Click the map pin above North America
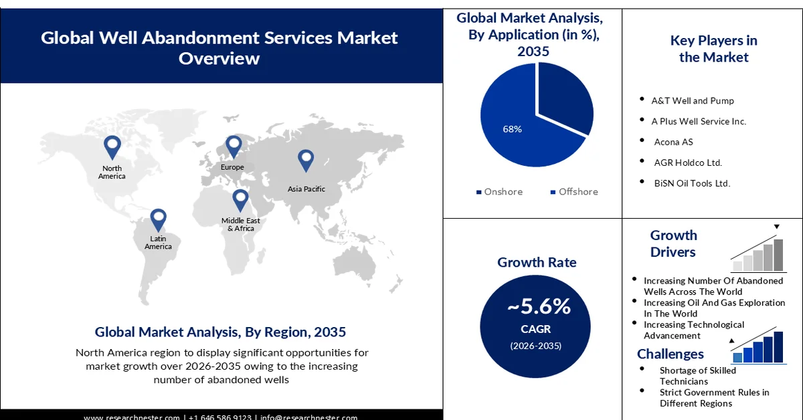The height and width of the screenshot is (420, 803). pos(112,146)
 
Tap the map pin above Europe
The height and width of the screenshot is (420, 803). pos(233,145)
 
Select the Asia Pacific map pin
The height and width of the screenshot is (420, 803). pos(306,160)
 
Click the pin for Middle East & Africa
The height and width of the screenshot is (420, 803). pos(240,199)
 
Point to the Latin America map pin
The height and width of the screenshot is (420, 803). pos(158,219)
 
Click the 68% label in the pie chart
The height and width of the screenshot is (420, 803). pos(512,128)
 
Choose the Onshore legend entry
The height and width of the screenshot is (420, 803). pos(499,192)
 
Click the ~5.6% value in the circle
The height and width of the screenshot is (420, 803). pos(539,307)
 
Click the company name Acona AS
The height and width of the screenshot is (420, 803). pos(673,142)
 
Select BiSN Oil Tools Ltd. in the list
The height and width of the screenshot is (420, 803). pos(692,183)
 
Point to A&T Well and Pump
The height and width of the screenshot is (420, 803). pos(693,101)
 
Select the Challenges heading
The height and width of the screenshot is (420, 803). pos(671,354)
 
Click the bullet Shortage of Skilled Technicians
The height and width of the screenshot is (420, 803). pos(697,375)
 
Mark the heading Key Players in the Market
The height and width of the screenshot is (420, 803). pos(713,49)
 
